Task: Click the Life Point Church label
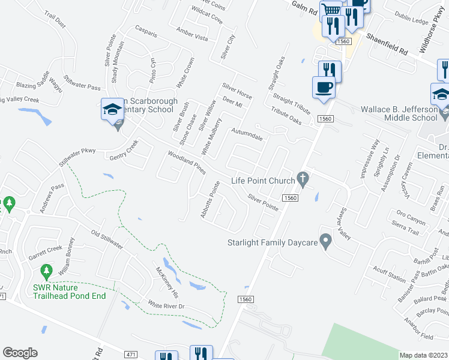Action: click(x=263, y=181)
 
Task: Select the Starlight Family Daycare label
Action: click(x=271, y=243)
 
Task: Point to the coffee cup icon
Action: click(x=324, y=87)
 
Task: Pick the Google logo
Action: click(x=20, y=353)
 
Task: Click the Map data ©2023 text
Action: click(x=424, y=355)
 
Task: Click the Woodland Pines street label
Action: click(x=187, y=162)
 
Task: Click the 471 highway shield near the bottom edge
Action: click(x=130, y=355)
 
